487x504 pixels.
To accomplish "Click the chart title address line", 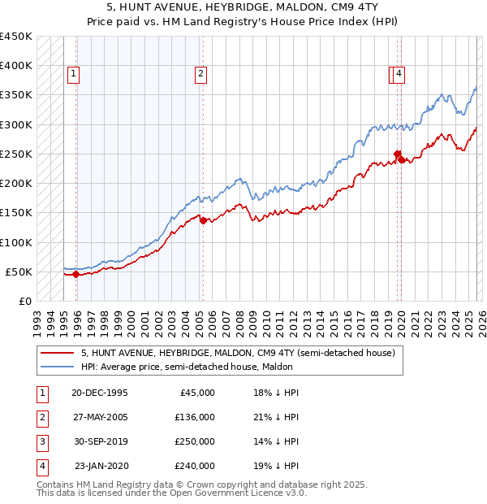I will click(243, 7).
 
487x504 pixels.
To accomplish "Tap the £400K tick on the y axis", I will click(16, 66).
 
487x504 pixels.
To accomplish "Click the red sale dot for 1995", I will click(76, 274).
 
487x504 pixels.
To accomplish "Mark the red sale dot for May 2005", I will click(203, 220).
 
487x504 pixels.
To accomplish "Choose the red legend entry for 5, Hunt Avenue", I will click(237, 354).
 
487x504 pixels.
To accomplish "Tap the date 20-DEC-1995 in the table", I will click(99, 393).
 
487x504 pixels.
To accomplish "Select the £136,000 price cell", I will click(194, 417).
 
